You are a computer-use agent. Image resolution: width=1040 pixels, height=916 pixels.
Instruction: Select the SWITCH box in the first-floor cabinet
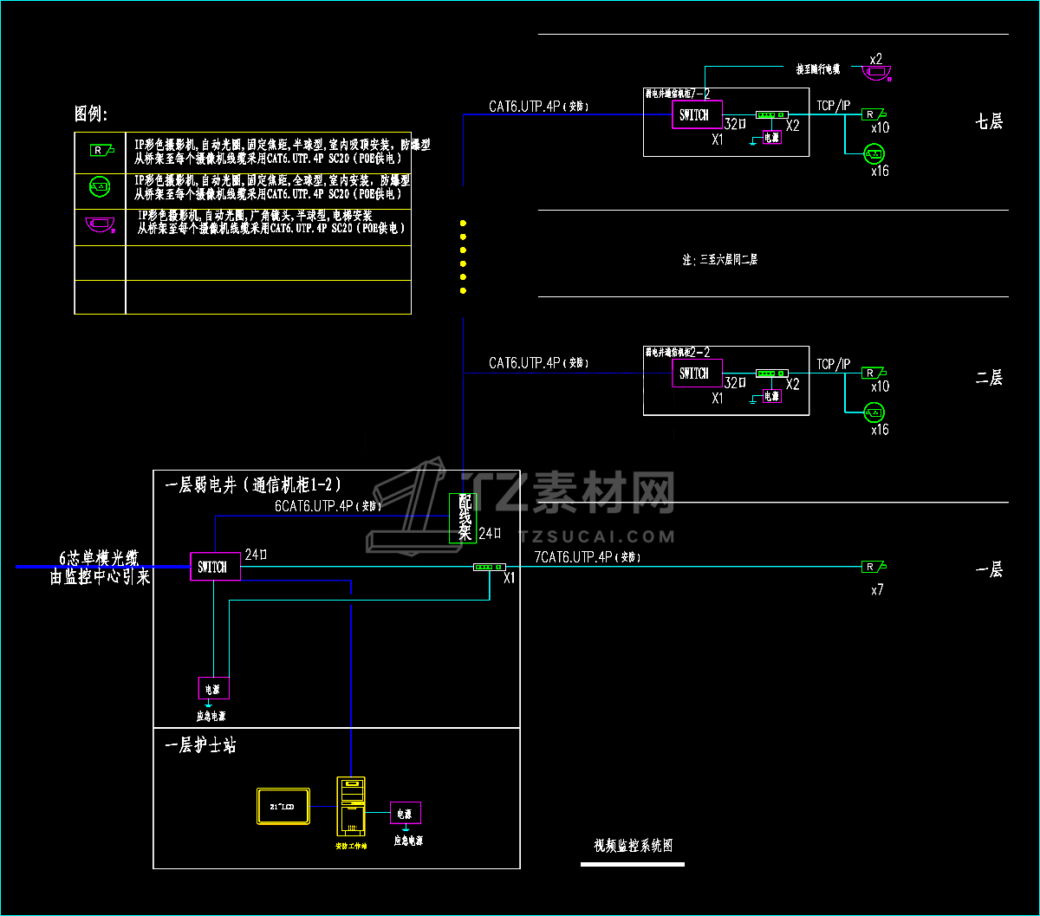[x=214, y=567]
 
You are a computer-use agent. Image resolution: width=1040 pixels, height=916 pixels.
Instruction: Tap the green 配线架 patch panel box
[x=464, y=518]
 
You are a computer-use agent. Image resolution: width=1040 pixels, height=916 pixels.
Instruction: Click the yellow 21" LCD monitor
[x=283, y=806]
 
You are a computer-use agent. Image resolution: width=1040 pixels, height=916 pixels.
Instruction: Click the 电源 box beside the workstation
[x=405, y=813]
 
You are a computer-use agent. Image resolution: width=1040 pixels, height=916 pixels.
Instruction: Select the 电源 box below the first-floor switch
[x=213, y=689]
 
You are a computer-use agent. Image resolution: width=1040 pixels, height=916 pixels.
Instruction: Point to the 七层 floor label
[x=989, y=121]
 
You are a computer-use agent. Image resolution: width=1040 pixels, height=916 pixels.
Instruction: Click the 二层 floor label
[x=989, y=378]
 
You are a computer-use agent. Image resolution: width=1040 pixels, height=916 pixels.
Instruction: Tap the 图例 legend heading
[x=92, y=114]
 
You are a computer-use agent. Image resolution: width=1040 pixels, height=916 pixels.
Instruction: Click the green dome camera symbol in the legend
[x=100, y=185]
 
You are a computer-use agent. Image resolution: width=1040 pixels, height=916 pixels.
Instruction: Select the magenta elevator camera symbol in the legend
[x=100, y=225]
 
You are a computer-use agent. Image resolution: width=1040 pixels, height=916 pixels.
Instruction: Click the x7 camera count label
[x=877, y=590]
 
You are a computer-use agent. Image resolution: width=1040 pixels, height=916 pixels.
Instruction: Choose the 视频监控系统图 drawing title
[x=633, y=846]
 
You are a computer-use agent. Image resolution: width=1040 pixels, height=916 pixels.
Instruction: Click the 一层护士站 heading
[x=200, y=745]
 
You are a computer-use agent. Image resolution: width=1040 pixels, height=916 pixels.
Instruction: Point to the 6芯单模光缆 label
[x=99, y=557]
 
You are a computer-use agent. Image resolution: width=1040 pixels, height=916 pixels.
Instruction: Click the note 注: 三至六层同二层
[x=719, y=259]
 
